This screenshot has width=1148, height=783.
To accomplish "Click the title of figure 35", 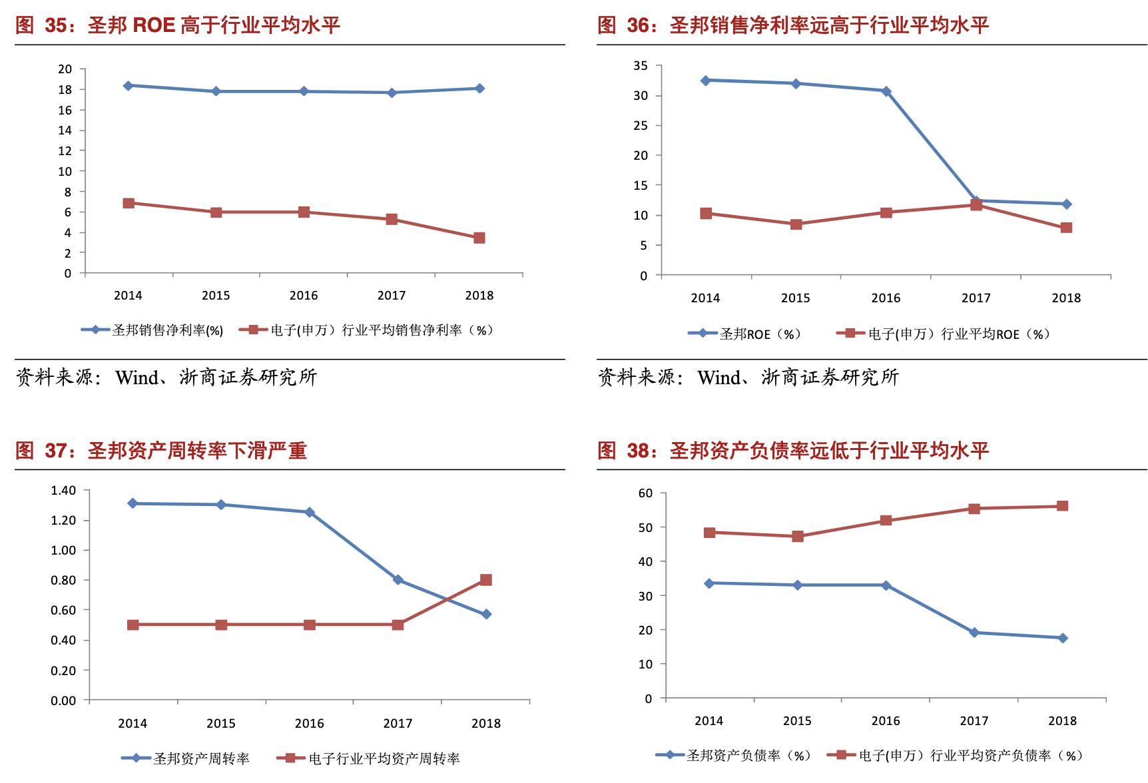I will [x=178, y=25].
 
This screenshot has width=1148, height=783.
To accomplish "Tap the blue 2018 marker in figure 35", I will [x=479, y=89].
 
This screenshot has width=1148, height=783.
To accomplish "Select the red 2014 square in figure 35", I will [x=129, y=203].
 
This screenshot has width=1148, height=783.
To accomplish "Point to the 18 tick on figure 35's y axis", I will [x=65, y=90].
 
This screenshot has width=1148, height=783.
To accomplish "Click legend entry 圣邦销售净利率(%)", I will [x=167, y=330].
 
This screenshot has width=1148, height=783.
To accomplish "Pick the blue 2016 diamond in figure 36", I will [x=886, y=91].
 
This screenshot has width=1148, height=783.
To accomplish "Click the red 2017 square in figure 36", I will [x=976, y=205].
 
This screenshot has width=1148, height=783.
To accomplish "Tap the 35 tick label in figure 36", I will [x=640, y=66].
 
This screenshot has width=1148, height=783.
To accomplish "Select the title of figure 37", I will [x=161, y=451].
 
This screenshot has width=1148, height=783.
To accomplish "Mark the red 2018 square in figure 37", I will [x=486, y=580].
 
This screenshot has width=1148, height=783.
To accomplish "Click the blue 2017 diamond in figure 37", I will [x=398, y=580].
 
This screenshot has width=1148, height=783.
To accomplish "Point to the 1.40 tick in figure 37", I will [x=63, y=491].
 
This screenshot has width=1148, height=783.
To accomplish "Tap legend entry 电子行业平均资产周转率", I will [x=384, y=758].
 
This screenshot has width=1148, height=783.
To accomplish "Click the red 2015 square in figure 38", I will [x=798, y=536].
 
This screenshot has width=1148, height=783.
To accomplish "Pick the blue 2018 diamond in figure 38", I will [x=1063, y=638].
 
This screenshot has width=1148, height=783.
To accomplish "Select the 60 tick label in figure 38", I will [x=645, y=493].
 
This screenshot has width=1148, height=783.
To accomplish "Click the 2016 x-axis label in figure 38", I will [x=886, y=721].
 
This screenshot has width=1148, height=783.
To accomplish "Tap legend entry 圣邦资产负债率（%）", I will [x=748, y=756].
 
